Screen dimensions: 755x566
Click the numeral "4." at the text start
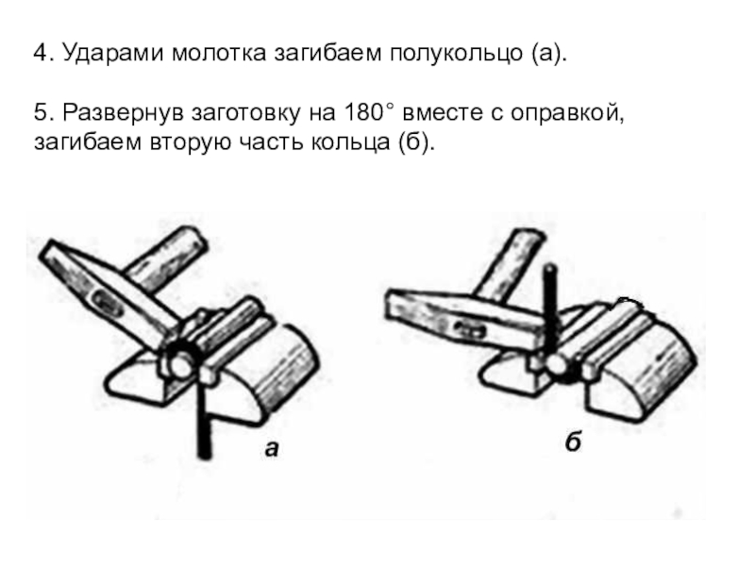42,54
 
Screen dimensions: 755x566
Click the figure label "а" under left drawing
272,450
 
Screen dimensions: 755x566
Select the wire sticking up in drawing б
547,302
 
